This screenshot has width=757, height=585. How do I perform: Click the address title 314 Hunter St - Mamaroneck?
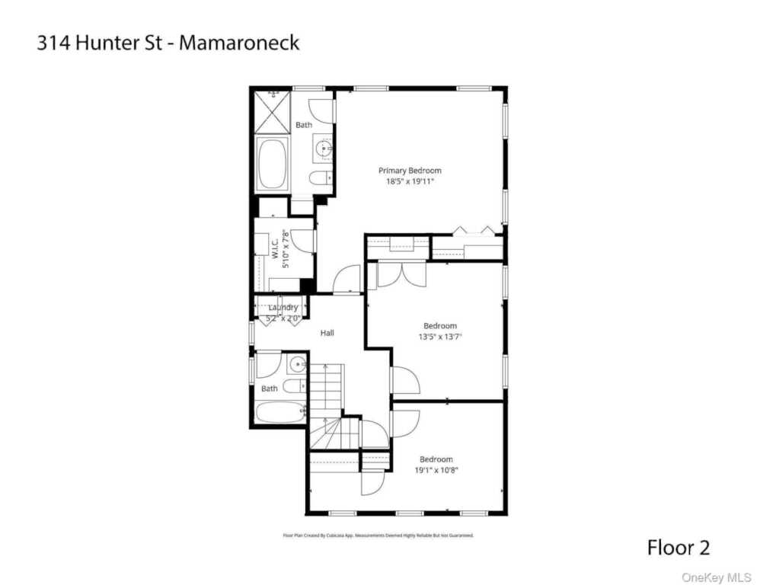168,43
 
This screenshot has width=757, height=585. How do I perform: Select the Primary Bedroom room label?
410,171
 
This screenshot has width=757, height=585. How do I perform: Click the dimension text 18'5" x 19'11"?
410,182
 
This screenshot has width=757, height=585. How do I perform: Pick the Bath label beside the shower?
304,125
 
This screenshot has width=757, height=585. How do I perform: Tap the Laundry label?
283,308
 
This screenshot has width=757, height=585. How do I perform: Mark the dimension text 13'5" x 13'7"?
440,337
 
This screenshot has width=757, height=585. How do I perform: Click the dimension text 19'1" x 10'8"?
436,470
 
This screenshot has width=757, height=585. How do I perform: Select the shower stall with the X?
271,111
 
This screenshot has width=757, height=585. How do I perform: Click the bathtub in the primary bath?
272,164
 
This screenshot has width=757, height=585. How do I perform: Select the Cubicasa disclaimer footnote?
378,535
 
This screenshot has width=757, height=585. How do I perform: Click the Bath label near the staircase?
270,388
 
